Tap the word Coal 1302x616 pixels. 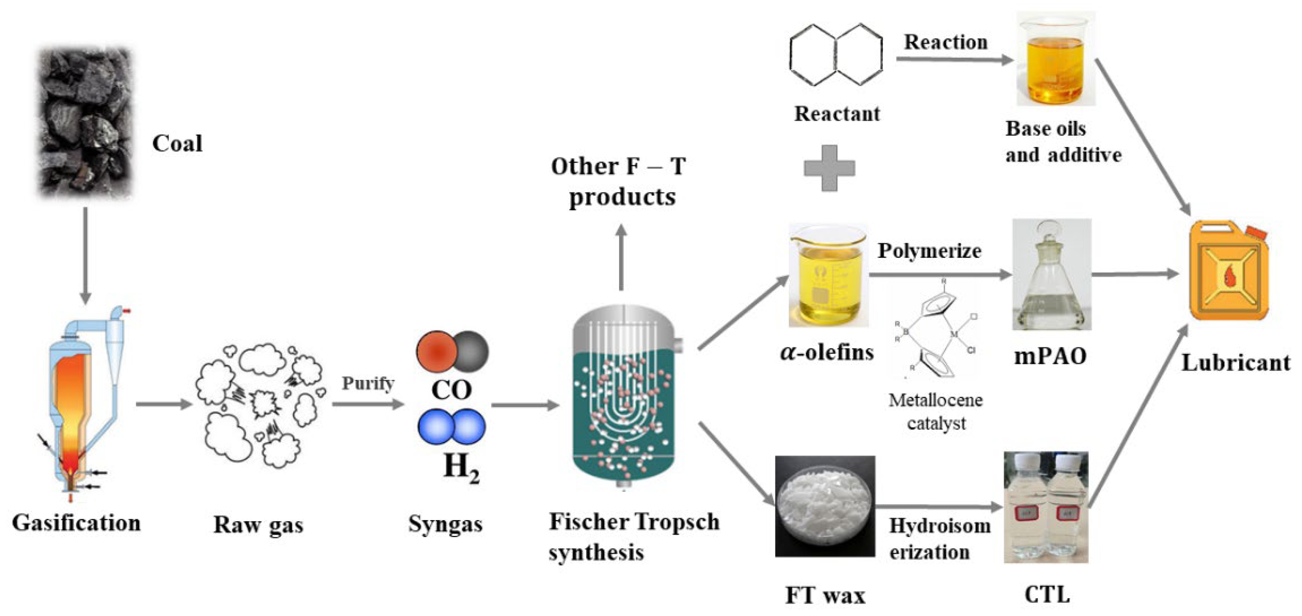tap(177, 143)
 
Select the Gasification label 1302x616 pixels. tap(76, 523)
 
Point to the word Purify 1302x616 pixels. tap(368, 383)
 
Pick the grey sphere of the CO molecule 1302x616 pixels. tap(471, 351)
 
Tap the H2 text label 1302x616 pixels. tap(461, 467)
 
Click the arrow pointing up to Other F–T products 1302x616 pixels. tap(621, 258)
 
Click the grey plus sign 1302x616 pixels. tap(830, 168)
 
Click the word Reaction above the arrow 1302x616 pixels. tap(946, 42)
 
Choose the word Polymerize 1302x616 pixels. tap(929, 250)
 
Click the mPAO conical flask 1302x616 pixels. tap(1051, 275)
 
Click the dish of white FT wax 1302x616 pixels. tap(825, 506)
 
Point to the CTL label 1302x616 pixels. tap(1047, 594)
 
